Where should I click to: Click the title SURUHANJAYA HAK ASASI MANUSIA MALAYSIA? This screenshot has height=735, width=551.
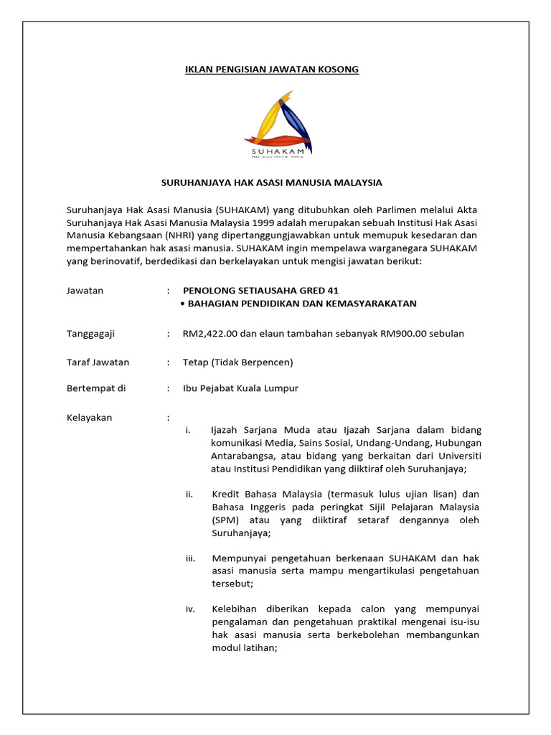[x=275, y=182]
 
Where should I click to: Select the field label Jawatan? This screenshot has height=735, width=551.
[x=85, y=291]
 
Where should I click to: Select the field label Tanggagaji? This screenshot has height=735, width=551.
[x=90, y=334]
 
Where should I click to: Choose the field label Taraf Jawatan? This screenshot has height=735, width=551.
[x=98, y=362]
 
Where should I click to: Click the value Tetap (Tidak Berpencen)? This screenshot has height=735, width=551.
[x=237, y=362]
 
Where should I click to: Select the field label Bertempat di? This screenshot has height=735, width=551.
[x=95, y=388]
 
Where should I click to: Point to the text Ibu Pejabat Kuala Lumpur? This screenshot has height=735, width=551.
[x=240, y=388]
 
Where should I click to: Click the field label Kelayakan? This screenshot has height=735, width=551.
[x=89, y=417]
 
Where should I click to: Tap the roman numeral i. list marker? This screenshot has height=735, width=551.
[x=188, y=430]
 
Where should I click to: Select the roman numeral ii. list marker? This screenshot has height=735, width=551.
[x=189, y=495]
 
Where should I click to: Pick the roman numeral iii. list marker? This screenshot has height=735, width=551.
[x=190, y=558]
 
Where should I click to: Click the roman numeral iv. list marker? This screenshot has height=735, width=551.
[x=190, y=609]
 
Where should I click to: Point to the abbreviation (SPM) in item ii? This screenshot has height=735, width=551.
[x=226, y=520]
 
